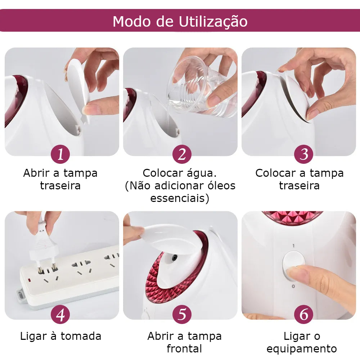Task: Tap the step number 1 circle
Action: pos(60,154)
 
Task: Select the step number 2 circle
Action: pos(182,154)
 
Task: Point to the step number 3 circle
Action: pos(304,154)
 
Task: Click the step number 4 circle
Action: pos(60,314)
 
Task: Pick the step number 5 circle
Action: pos(182,314)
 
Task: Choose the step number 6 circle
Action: pos(304,314)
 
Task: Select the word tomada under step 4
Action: pos(81,336)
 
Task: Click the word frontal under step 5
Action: pos(184,348)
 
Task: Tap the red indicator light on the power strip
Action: pos(30,280)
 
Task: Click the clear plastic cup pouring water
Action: pos(202,87)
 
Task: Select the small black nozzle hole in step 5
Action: pos(175,258)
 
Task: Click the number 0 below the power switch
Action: pos(293,286)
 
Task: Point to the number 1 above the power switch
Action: pos(293,246)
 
